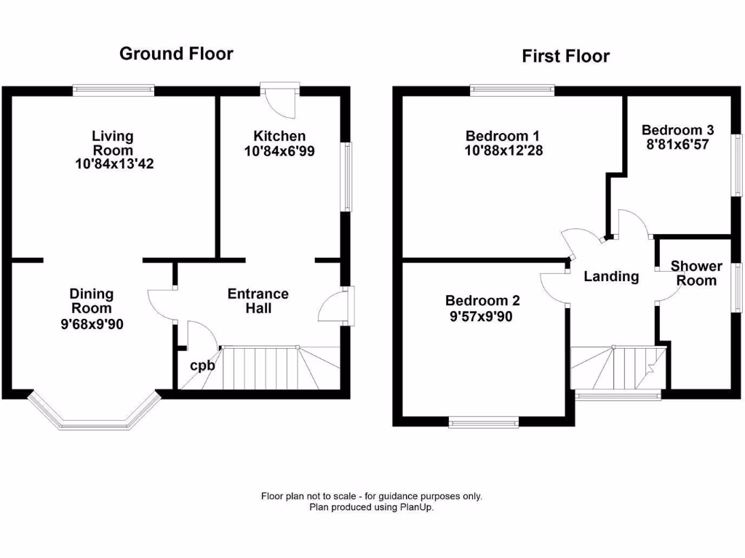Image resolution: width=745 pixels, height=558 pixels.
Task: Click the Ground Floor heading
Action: tap(176, 53)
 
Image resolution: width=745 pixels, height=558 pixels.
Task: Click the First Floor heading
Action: tap(565, 56)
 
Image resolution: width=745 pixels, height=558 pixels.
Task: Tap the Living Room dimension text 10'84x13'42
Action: tap(115, 164)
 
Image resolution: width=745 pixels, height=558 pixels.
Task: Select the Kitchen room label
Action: tap(279, 136)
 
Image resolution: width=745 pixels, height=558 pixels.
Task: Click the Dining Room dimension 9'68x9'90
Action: tap(92, 324)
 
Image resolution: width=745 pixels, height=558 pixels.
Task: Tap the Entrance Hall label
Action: tap(258, 301)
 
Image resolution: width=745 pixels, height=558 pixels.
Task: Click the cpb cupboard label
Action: tap(202, 365)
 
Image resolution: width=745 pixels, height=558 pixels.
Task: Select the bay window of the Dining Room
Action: tap(92, 415)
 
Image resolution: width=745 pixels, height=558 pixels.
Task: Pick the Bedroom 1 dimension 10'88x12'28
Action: tap(504, 150)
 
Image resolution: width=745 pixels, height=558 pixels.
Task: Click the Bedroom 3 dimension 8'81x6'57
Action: tap(677, 145)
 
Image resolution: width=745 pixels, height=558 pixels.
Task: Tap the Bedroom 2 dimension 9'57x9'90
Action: tap(483, 316)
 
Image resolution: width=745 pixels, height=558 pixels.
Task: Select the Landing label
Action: tap(611, 276)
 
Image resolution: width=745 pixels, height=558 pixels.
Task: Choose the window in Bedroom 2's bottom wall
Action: tap(483, 422)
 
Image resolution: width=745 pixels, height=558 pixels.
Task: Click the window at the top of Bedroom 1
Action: tap(512, 91)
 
